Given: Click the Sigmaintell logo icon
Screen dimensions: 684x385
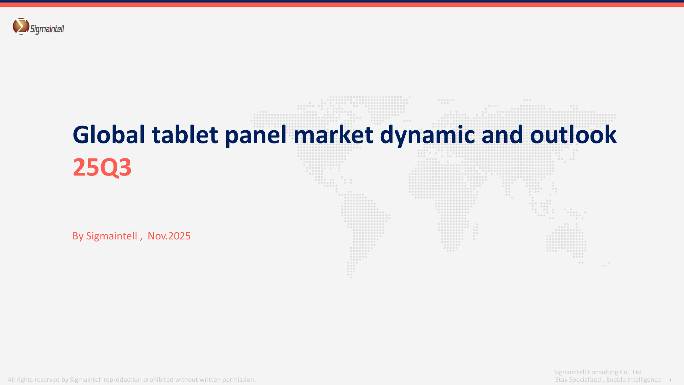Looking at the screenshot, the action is [x=21, y=26].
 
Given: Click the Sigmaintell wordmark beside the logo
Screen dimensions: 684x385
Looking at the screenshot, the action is [x=47, y=29].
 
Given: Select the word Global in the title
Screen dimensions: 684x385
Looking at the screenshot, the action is [x=109, y=135].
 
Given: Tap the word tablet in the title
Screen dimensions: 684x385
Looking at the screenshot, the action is [x=185, y=135].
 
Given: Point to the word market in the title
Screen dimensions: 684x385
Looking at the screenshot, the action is [x=333, y=135].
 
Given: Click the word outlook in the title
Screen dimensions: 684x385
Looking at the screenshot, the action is [x=573, y=135].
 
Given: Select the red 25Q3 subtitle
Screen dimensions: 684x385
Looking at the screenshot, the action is [x=102, y=167].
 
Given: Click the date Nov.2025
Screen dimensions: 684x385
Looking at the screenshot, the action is [x=169, y=236].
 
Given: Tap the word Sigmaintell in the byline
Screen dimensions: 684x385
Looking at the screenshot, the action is [x=112, y=236].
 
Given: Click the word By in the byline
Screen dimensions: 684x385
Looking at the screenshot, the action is [x=78, y=236].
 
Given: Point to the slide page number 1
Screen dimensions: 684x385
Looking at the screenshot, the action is [x=670, y=380].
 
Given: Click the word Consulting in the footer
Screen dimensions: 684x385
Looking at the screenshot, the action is [x=603, y=372].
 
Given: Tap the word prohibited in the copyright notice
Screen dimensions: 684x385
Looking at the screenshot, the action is [x=158, y=380].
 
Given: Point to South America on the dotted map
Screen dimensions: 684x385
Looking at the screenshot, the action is [x=364, y=228].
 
